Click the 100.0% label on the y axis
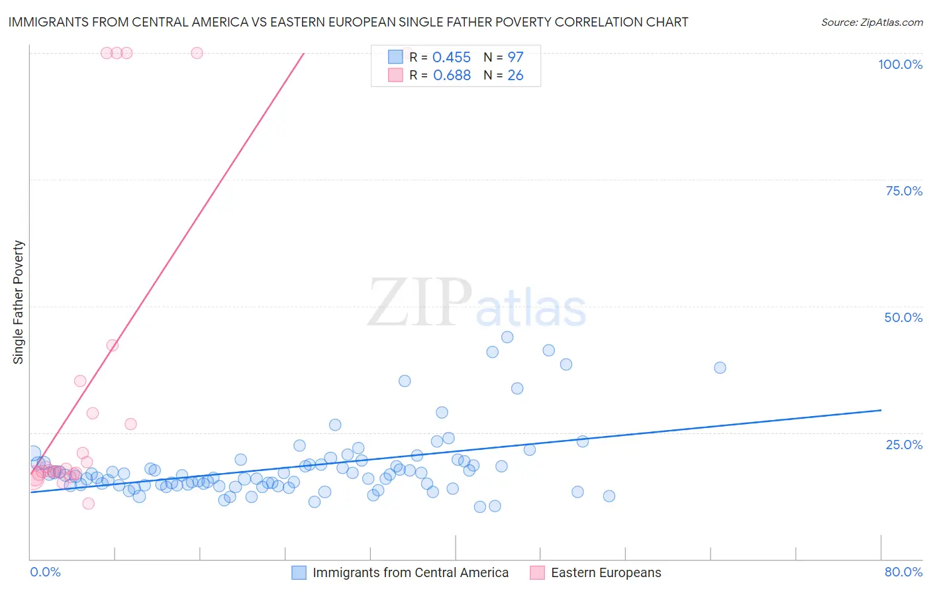pos(900,64)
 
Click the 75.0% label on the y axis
pos(904,191)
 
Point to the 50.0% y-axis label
pos(903,317)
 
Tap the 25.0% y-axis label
pos(904,445)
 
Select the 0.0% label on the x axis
pos(45,572)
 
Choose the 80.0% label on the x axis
pos(903,572)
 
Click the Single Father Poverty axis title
pos(19,302)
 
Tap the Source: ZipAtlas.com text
pos(871,22)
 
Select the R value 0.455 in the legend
pos(451,58)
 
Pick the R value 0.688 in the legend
pos(452,76)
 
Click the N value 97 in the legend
pos(515,58)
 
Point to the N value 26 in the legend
pos(515,76)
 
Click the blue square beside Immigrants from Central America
pos(299,572)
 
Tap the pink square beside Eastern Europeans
pos(537,572)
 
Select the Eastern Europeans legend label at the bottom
pos(606,572)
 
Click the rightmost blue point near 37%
pos(720,368)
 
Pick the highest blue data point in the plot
pos(507,337)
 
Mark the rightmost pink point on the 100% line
pos(197,53)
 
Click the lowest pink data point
pos(88,504)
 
